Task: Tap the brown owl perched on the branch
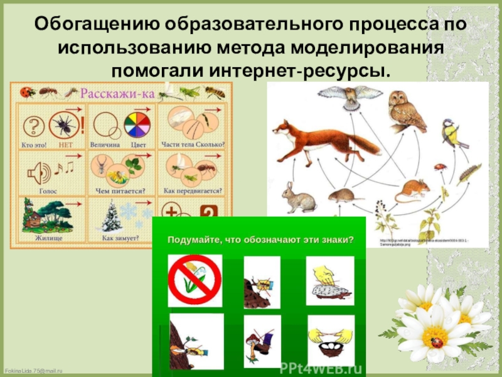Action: coord(399,110)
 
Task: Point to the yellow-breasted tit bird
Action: coord(451,132)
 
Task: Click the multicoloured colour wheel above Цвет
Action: coord(135,123)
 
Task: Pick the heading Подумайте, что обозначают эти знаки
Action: coord(260,239)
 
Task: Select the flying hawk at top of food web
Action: coord(341,96)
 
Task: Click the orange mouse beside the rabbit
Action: coord(412,188)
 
